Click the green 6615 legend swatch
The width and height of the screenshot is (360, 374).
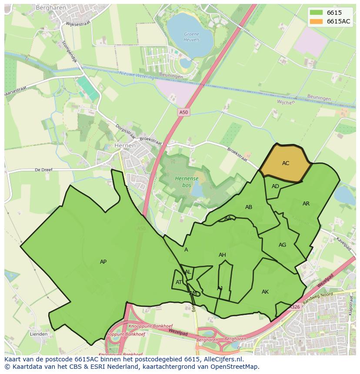click(x=316, y=13)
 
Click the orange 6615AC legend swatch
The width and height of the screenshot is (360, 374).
click(x=316, y=21)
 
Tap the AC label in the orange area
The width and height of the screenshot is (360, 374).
click(x=286, y=163)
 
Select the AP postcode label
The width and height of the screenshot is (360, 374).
click(x=103, y=262)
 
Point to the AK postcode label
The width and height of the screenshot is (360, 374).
click(x=265, y=292)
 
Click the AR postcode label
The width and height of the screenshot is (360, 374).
click(x=306, y=204)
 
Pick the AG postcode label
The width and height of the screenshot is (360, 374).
click(x=282, y=245)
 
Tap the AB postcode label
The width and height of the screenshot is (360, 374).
click(x=249, y=207)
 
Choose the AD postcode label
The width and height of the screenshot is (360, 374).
click(x=275, y=186)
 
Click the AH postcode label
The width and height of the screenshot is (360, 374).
click(x=222, y=255)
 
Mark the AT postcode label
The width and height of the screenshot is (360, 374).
click(x=179, y=282)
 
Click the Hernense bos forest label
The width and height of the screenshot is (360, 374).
click(x=187, y=182)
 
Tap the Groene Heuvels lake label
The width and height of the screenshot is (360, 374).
click(x=192, y=36)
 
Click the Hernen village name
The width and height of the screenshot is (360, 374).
click(x=125, y=146)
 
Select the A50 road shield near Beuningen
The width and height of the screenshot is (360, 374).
click(x=184, y=113)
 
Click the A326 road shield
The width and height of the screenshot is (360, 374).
click(x=295, y=307)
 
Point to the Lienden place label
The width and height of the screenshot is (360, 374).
click(x=39, y=334)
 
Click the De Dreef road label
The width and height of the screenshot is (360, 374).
click(x=43, y=170)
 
